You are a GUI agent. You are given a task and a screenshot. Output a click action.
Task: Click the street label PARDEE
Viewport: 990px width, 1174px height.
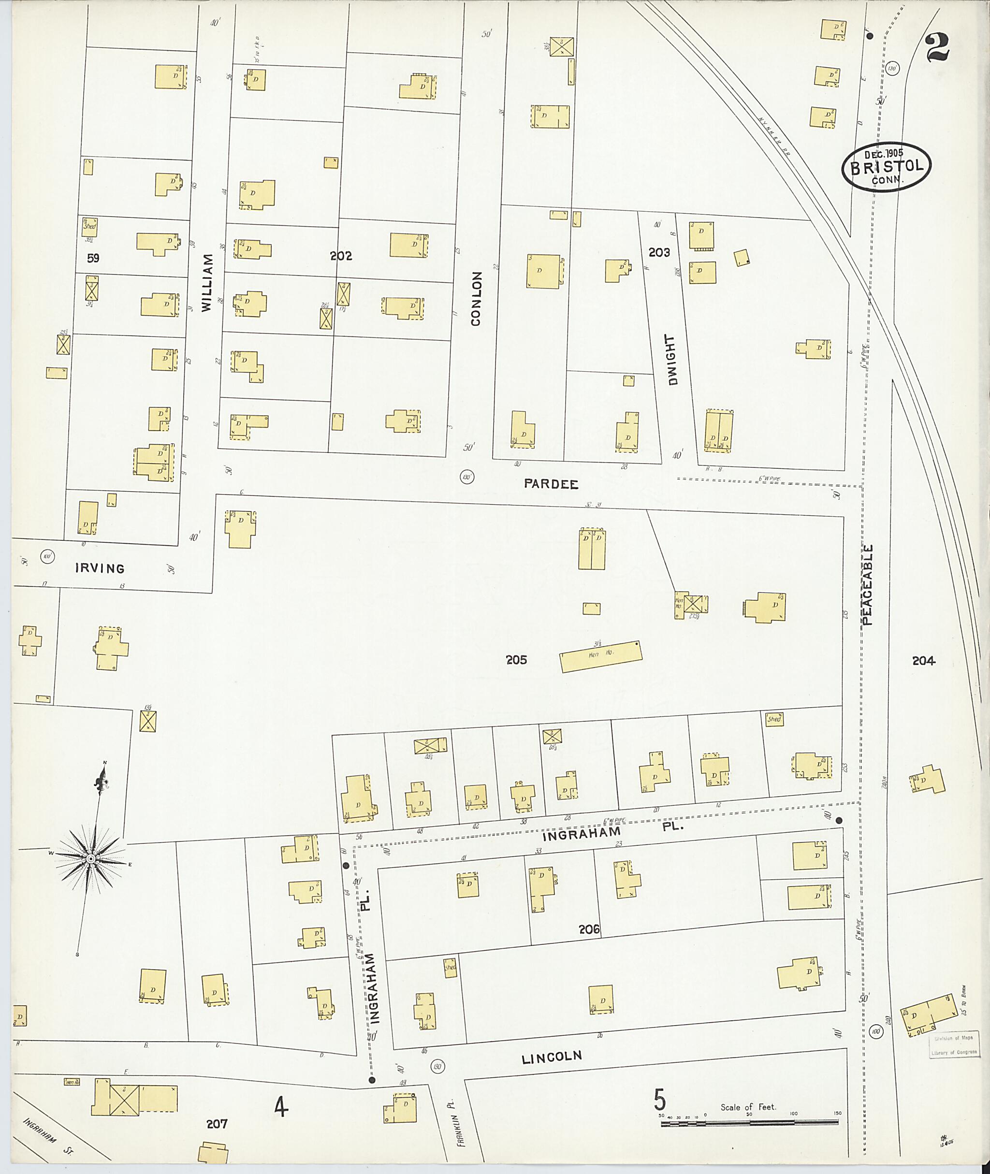(551, 484)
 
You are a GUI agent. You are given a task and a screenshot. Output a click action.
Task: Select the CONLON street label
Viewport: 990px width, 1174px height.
(476, 299)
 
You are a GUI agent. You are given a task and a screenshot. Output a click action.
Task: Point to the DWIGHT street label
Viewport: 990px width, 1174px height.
(672, 360)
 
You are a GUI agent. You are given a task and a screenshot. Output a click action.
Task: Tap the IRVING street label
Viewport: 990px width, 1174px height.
(100, 568)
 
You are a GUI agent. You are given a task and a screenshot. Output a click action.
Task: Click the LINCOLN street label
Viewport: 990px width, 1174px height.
(551, 1058)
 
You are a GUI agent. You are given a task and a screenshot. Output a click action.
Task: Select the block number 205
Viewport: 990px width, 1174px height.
(516, 660)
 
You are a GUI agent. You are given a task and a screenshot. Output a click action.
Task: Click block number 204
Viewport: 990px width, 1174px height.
(923, 661)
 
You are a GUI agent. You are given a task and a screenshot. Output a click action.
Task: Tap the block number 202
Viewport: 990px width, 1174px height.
(341, 256)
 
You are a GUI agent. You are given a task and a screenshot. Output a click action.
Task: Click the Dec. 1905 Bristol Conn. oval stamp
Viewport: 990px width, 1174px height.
(886, 167)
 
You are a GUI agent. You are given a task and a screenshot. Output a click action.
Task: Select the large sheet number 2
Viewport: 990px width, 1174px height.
(937, 48)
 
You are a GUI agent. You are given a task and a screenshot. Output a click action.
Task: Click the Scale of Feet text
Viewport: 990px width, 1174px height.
(748, 1107)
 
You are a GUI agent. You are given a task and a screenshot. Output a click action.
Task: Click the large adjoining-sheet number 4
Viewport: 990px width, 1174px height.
(281, 1107)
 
